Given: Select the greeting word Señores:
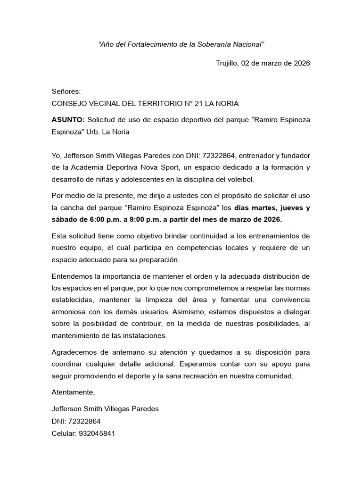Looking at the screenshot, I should tap(66, 92).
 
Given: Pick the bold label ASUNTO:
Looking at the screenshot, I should tap(68, 120).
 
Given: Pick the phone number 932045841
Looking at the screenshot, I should tap(99, 433).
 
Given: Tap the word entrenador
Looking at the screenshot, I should tap(258, 156).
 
